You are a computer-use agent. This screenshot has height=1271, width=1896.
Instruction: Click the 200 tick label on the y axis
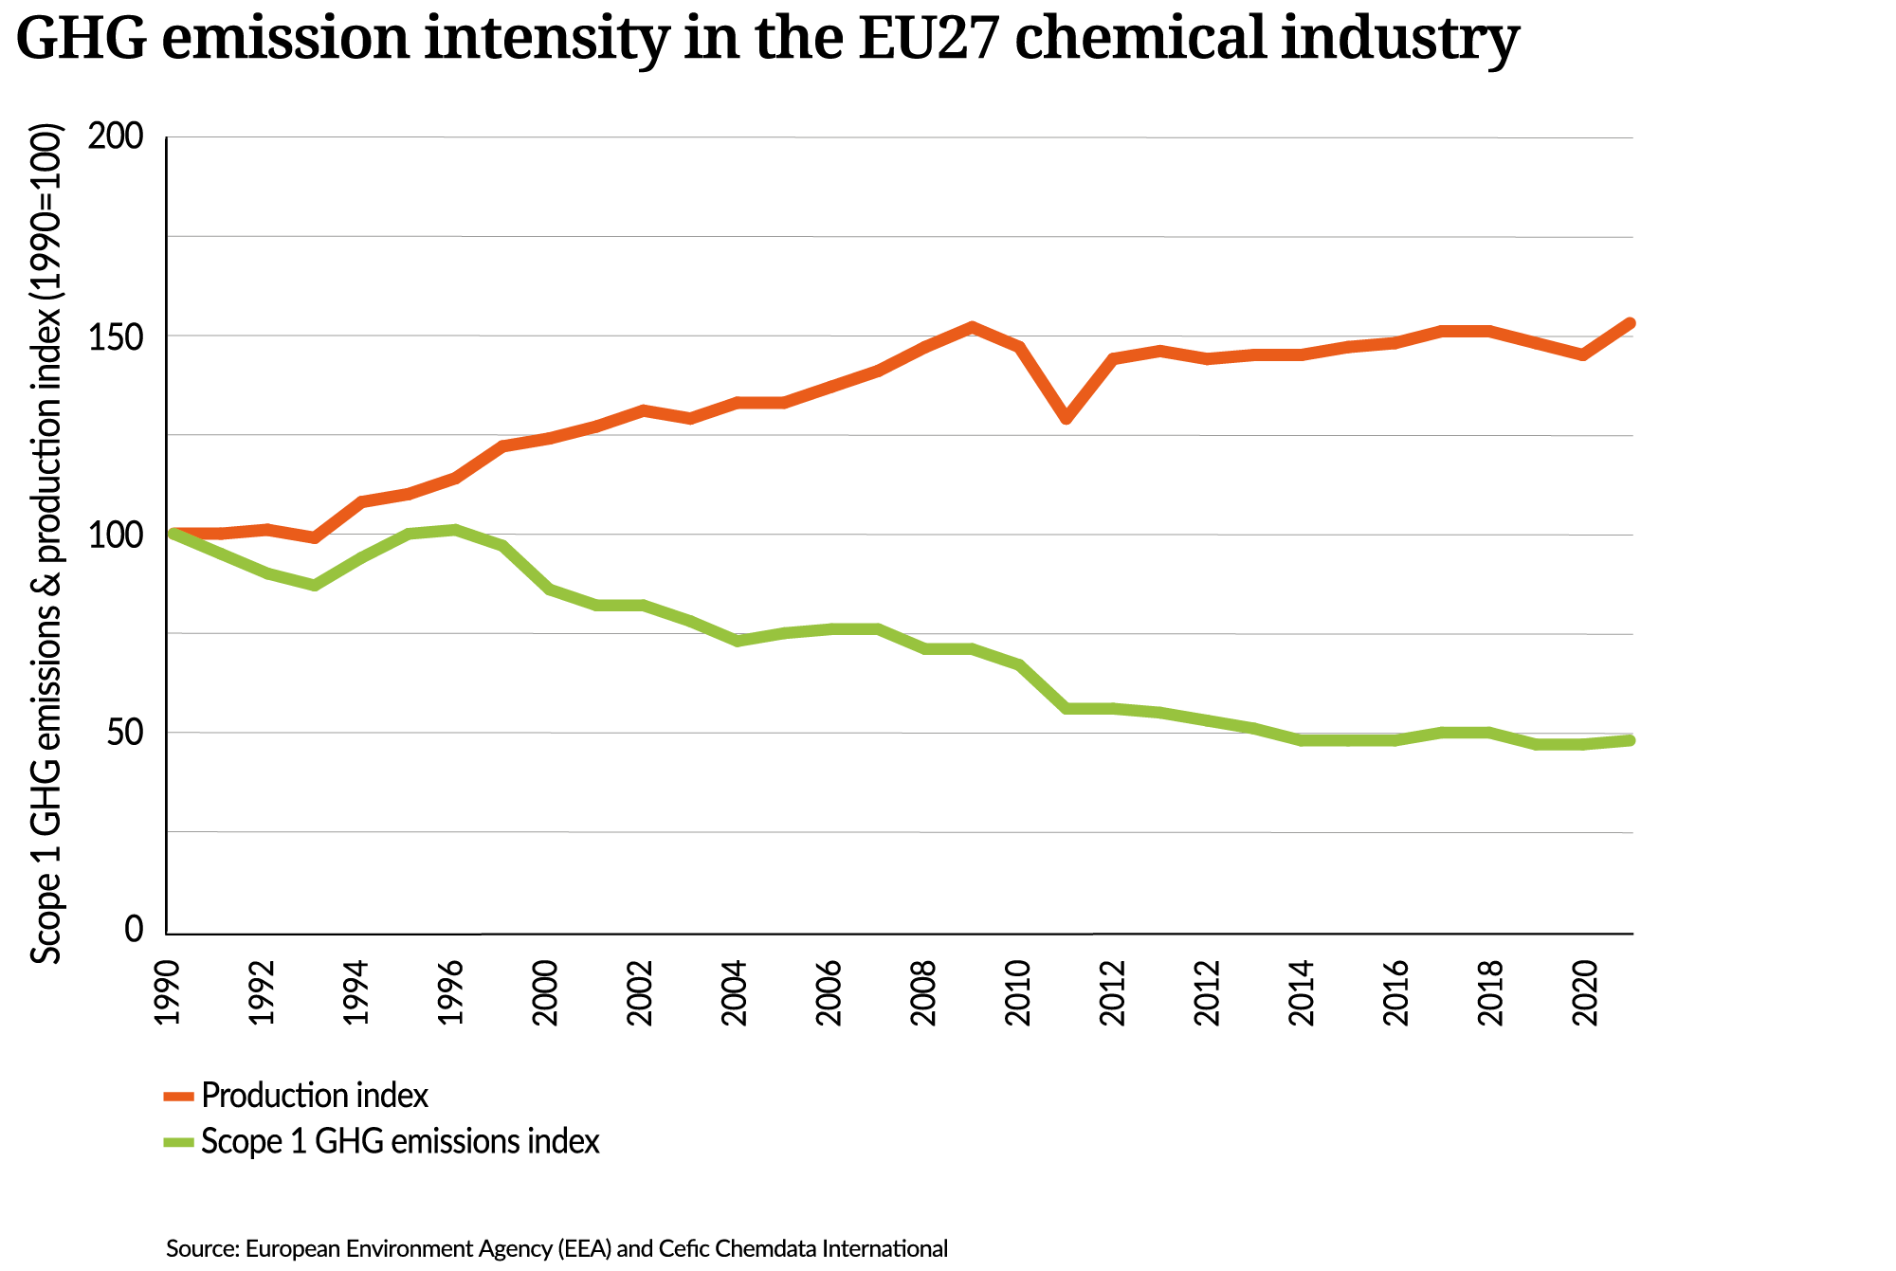coord(115,137)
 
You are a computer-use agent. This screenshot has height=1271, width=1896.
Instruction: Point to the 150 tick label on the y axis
coord(115,336)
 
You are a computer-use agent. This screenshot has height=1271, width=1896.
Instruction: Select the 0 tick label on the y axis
coord(134,930)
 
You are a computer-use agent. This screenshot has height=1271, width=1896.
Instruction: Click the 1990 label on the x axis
coord(168,992)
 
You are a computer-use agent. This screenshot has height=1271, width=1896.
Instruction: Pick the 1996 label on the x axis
coord(451,992)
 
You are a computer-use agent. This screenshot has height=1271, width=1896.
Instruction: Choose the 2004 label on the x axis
coord(735,992)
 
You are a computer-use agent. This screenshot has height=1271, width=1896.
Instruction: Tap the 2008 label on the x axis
coord(923,992)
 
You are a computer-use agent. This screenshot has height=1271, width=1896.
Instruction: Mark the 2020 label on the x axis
coord(1585,992)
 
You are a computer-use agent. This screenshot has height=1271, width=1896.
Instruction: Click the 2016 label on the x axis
coord(1396,992)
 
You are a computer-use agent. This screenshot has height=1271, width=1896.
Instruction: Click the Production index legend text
coord(315,1096)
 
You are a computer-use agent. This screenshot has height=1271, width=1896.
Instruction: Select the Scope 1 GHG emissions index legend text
coord(400,1141)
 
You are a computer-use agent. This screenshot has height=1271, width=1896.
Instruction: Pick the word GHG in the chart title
coord(82,40)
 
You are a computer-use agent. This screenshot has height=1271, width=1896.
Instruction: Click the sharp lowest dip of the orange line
coord(1066,418)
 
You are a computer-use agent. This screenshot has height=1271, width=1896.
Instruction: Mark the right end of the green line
coord(1629,740)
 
